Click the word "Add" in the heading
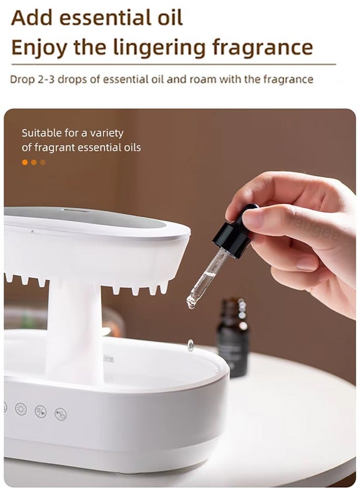pos(31,18)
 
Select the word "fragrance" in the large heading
pos(262,47)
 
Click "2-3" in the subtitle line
pos(46,80)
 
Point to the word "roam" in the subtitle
pos(201,80)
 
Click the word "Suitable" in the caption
pos(41,133)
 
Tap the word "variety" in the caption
pos(107,134)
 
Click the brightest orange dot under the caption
pos(25,162)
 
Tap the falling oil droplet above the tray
pos(190,345)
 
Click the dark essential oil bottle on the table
pos(233,337)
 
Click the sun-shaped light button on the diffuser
pos(21,409)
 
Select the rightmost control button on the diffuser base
pos(61,414)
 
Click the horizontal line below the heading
pos(173,64)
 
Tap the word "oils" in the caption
pos(133,147)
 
